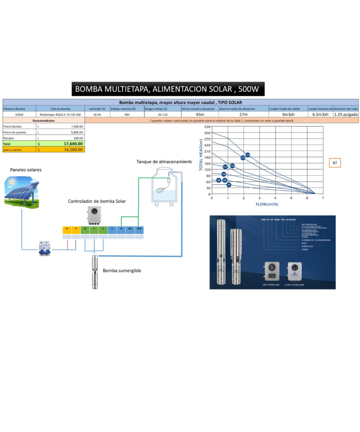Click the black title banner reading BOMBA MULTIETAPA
(x=168, y=89)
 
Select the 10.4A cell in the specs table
(x=97, y=114)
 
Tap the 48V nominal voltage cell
(x=127, y=114)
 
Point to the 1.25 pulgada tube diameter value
(x=346, y=114)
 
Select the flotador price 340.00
(x=78, y=138)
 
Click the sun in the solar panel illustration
(x=13, y=183)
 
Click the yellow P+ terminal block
(x=67, y=229)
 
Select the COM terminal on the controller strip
(x=139, y=229)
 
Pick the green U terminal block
(x=103, y=229)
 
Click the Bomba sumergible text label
(x=122, y=270)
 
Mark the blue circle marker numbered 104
(x=247, y=155)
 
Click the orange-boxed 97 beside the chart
(x=335, y=163)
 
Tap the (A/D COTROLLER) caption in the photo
(x=271, y=284)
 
